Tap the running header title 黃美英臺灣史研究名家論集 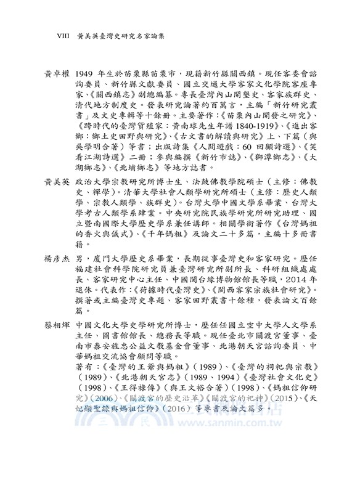pos(117,36)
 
